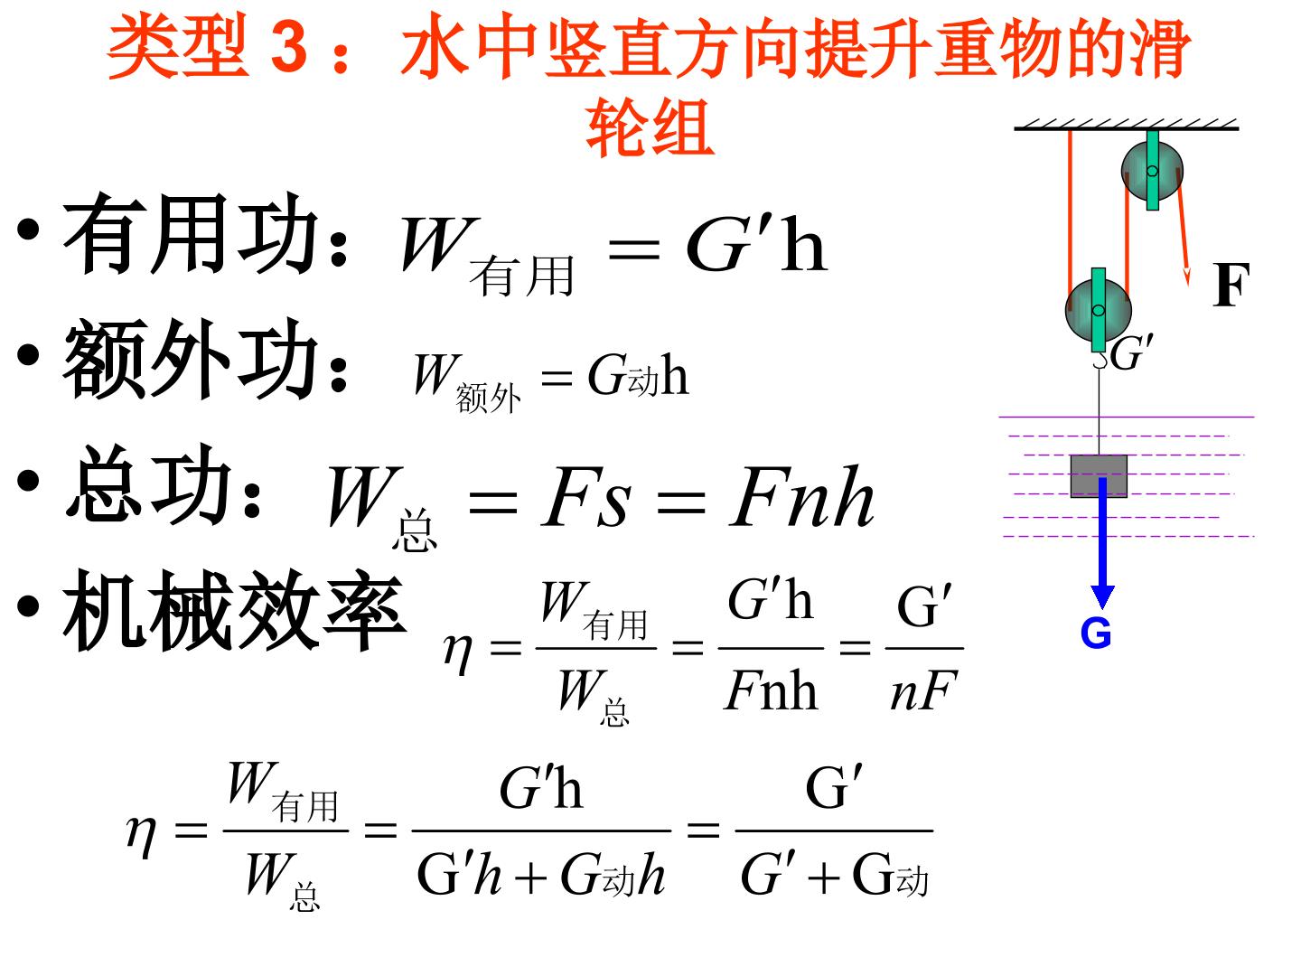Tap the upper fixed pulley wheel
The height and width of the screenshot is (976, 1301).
click(1152, 171)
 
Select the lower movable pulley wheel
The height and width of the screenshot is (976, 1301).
click(1098, 310)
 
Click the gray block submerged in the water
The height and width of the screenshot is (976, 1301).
click(1099, 476)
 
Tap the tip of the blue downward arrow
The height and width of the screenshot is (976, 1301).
click(1102, 608)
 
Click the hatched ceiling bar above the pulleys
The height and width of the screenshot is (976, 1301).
click(1126, 125)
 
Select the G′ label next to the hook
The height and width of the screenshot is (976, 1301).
click(1131, 352)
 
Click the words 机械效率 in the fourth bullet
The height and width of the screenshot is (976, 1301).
click(235, 610)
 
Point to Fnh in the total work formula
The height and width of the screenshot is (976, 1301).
click(801, 497)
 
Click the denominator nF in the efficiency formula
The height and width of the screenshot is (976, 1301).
click(923, 691)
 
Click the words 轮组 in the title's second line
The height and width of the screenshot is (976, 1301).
click(650, 127)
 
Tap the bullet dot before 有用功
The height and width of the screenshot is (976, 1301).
click(28, 230)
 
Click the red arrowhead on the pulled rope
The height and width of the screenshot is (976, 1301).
click(1186, 276)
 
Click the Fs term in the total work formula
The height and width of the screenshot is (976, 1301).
click(585, 497)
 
